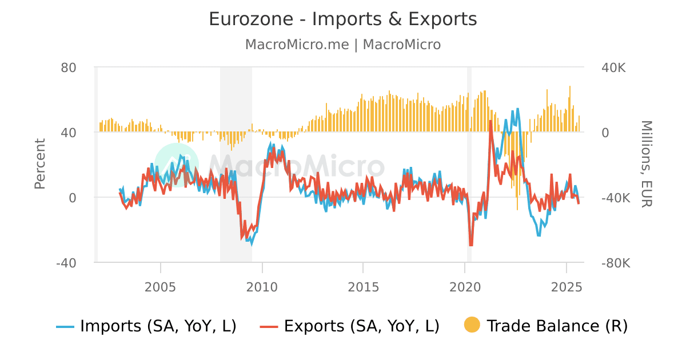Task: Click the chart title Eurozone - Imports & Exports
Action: pyautogui.click(x=342, y=19)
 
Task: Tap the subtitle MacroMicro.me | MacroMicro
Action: pyautogui.click(x=342, y=45)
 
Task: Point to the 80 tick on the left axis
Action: pyautogui.click(x=69, y=67)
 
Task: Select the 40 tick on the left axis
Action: pyautogui.click(x=69, y=133)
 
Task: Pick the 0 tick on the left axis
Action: pyautogui.click(x=73, y=198)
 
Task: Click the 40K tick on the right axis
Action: pyautogui.click(x=613, y=67)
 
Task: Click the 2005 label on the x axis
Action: pyautogui.click(x=161, y=285)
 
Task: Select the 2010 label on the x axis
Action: pyautogui.click(x=262, y=285)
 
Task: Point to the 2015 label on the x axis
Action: pyautogui.click(x=363, y=285)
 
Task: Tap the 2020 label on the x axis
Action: pyautogui.click(x=465, y=285)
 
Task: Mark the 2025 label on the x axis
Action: pyautogui.click(x=566, y=285)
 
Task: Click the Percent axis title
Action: pyautogui.click(x=39, y=163)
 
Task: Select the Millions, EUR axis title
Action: pyautogui.click(x=646, y=163)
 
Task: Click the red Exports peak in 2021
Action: pyautogui.click(x=490, y=121)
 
